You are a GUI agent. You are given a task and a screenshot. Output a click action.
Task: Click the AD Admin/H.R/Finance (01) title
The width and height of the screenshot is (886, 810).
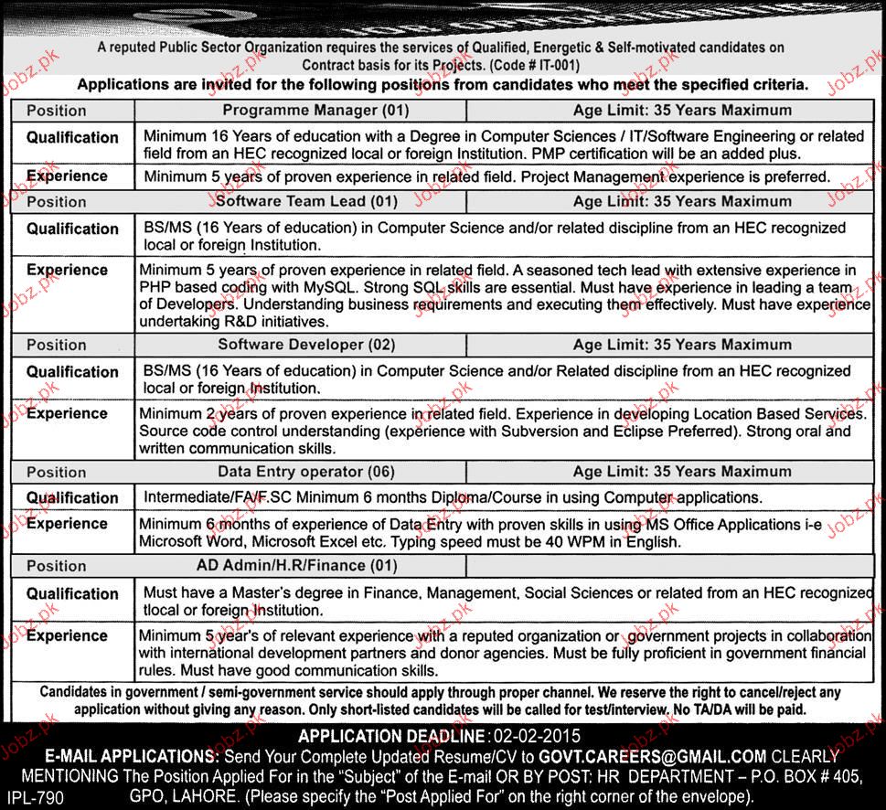click(x=297, y=566)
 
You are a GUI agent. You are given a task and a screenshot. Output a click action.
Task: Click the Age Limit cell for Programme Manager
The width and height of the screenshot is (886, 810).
click(x=682, y=111)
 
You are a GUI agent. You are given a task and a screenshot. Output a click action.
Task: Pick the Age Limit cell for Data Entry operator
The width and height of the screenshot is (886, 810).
click(x=682, y=472)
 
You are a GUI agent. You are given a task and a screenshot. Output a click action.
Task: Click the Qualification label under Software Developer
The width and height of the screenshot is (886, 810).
click(x=72, y=372)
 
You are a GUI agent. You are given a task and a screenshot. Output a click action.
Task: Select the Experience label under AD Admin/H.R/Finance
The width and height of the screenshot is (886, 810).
click(x=67, y=635)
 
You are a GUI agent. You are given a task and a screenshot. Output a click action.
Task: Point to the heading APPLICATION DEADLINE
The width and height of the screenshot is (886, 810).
click(x=393, y=735)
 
